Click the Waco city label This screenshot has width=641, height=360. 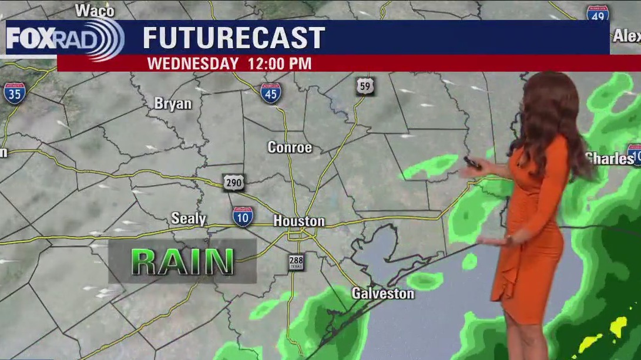(x=95, y=10)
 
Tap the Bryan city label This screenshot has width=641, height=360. (x=173, y=104)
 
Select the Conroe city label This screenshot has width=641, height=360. (x=290, y=147)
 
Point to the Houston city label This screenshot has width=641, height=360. (x=298, y=221)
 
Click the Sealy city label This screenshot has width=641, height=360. (x=189, y=219)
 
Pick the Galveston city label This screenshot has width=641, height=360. (x=382, y=293)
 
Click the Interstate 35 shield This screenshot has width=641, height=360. (x=15, y=93)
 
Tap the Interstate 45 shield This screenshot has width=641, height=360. (x=270, y=93)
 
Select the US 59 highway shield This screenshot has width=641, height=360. (x=365, y=86)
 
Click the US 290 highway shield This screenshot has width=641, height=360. (x=233, y=183)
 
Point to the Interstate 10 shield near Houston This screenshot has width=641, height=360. (x=243, y=217)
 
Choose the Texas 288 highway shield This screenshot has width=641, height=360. (x=297, y=263)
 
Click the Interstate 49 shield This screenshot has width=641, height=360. (x=597, y=14)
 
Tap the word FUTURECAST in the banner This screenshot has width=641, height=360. (x=234, y=38)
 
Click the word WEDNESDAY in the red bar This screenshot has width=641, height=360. (x=193, y=63)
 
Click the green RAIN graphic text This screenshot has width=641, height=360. (x=183, y=262)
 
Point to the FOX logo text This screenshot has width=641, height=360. (x=30, y=38)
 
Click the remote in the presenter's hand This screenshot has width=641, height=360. (x=472, y=163)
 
